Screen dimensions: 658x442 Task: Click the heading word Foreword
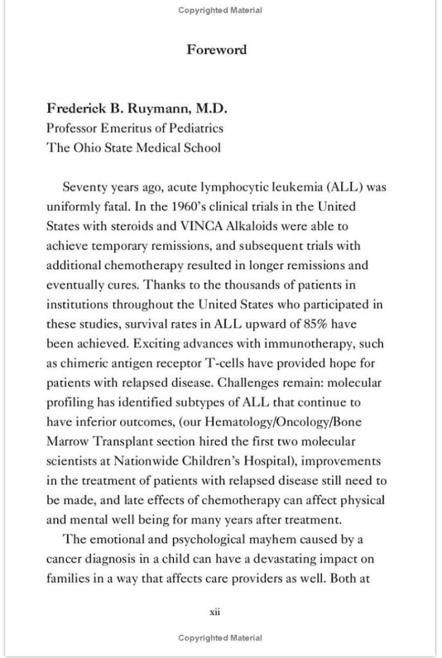point(217,49)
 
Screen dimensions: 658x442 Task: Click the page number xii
point(215,612)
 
